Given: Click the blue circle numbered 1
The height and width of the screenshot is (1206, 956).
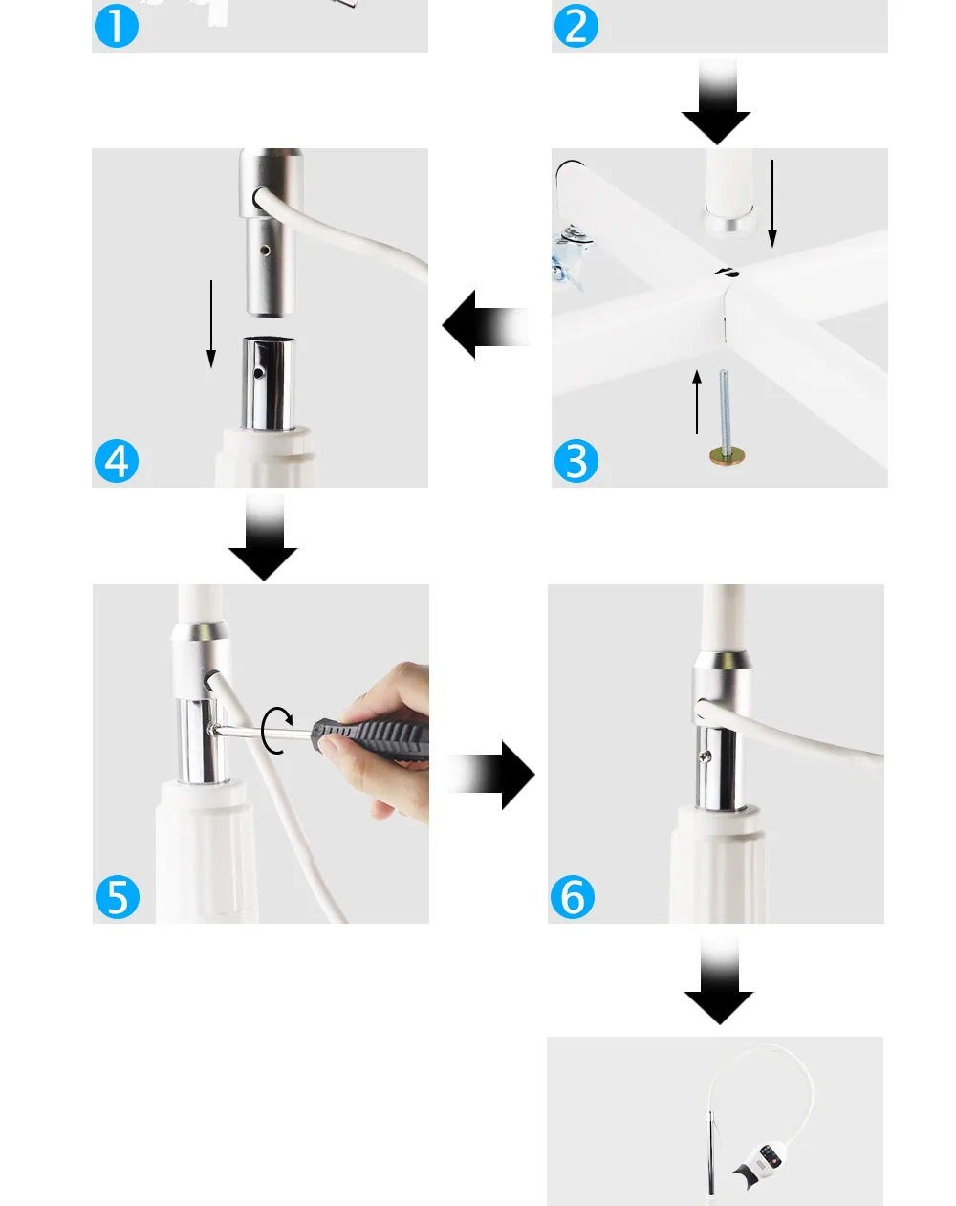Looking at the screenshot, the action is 116,25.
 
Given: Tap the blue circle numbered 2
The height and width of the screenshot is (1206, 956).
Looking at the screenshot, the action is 576,25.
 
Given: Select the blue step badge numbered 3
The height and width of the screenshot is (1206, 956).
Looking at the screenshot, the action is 576,461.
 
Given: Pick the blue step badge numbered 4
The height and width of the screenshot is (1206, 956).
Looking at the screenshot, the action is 116,461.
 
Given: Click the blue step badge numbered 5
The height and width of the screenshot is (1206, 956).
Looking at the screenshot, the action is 118,897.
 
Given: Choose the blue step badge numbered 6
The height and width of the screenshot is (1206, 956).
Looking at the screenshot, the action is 572,897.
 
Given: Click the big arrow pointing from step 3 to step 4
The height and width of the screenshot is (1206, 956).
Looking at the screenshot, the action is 486,325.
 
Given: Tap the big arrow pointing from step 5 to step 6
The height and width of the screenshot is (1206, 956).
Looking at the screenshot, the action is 490,775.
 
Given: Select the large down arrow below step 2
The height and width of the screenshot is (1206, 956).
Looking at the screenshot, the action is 716,100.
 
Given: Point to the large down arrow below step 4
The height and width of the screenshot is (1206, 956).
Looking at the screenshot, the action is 263,537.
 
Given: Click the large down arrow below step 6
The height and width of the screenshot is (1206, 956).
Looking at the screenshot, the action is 720,980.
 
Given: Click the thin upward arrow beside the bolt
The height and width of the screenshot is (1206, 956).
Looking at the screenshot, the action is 697,402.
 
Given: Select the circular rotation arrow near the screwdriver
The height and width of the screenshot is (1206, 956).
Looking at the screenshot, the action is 277,731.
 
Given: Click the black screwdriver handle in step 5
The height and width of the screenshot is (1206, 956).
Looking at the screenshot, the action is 373,737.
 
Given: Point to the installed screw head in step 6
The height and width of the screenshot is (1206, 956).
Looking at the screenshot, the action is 706,756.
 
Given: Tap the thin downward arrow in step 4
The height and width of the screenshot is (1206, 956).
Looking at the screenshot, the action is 211,324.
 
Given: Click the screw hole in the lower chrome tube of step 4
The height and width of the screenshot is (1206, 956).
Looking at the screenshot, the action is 258,373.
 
